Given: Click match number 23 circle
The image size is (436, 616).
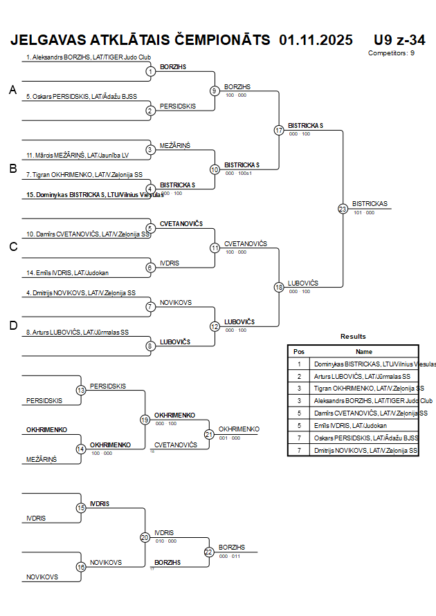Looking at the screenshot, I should point(343,208).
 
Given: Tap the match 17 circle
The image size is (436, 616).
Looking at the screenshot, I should point(279,130).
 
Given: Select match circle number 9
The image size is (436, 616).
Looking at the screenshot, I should point(215,91).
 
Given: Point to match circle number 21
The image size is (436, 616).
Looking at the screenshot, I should point(209,434).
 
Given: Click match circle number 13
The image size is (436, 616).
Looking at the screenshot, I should point(81,391).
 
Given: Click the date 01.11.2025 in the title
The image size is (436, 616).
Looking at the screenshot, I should point(316,40).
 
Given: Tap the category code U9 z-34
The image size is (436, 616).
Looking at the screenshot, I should point(399,40).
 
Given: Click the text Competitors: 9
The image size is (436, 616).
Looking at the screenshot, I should point(391,53).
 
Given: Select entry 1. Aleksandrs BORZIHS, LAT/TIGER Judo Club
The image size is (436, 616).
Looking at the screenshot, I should point(88,57).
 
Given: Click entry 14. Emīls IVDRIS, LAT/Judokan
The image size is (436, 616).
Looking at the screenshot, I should point(68,272).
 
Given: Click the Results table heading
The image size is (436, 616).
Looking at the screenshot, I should point(353,336).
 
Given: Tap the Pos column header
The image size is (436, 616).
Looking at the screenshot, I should point(299,351).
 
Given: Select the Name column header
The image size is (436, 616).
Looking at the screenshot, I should point(364,351).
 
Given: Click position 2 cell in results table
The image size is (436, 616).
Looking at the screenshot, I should point(299,376).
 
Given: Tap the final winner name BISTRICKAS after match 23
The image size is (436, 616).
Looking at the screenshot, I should point(370,204).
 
